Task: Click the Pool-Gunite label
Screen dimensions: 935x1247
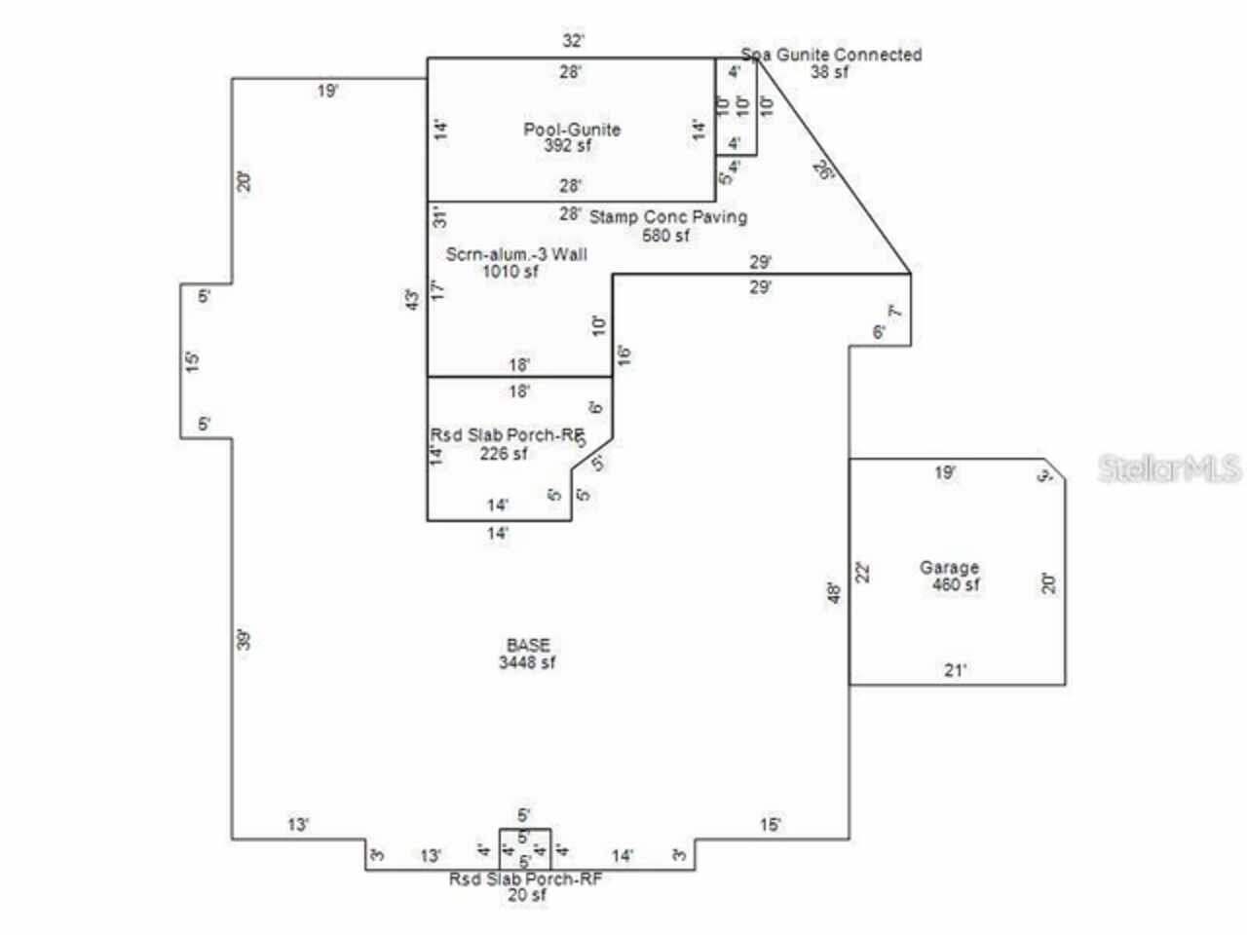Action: [x=572, y=130]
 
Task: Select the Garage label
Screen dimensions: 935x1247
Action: [x=949, y=568]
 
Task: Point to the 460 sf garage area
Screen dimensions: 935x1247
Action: [x=955, y=584]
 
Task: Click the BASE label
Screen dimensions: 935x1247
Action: [x=528, y=645]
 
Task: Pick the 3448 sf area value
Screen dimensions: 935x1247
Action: [x=528, y=662]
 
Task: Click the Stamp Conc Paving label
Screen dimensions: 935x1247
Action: [x=668, y=216]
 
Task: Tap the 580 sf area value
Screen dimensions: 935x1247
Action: [x=665, y=235]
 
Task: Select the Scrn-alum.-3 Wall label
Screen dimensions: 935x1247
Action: [x=516, y=254]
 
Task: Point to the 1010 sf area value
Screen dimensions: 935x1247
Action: [x=510, y=272]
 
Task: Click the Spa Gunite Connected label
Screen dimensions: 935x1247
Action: [x=831, y=55]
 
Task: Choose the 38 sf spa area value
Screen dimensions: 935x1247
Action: [x=829, y=71]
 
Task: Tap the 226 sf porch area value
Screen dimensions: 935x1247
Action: [x=504, y=453]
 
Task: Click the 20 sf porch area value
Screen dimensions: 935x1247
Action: [x=527, y=895]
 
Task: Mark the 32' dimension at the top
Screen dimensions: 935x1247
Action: [x=573, y=41]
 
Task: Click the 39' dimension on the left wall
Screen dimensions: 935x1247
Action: [x=245, y=640]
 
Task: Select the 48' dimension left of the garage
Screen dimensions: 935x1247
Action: [x=834, y=592]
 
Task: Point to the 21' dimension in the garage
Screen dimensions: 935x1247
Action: [x=956, y=670]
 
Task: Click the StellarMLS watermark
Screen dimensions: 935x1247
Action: [x=1169, y=468]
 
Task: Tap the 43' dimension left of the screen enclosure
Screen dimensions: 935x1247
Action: [x=414, y=301]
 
